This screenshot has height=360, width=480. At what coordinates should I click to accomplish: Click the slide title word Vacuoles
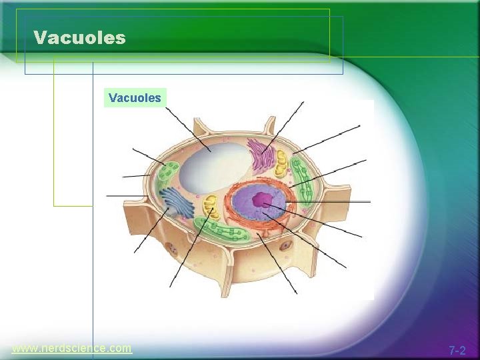79,37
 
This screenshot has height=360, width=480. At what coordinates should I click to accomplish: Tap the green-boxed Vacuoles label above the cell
135,98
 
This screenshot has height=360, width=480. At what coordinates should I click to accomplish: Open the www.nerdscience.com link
72,348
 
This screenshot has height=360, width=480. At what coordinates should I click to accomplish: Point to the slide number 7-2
457,350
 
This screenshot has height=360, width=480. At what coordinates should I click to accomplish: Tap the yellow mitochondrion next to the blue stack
210,206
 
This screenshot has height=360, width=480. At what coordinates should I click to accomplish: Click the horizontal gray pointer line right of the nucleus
333,201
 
